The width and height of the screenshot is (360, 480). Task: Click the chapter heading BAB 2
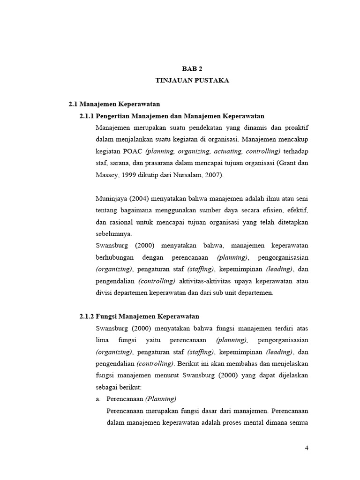192,68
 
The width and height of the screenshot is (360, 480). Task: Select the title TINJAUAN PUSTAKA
192,81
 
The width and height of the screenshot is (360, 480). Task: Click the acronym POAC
134,151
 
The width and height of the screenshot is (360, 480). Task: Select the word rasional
121,222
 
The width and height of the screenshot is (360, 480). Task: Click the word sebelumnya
113,233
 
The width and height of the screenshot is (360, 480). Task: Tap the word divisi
103,293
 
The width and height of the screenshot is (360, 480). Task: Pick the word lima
102,340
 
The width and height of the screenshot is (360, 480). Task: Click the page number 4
307,448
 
